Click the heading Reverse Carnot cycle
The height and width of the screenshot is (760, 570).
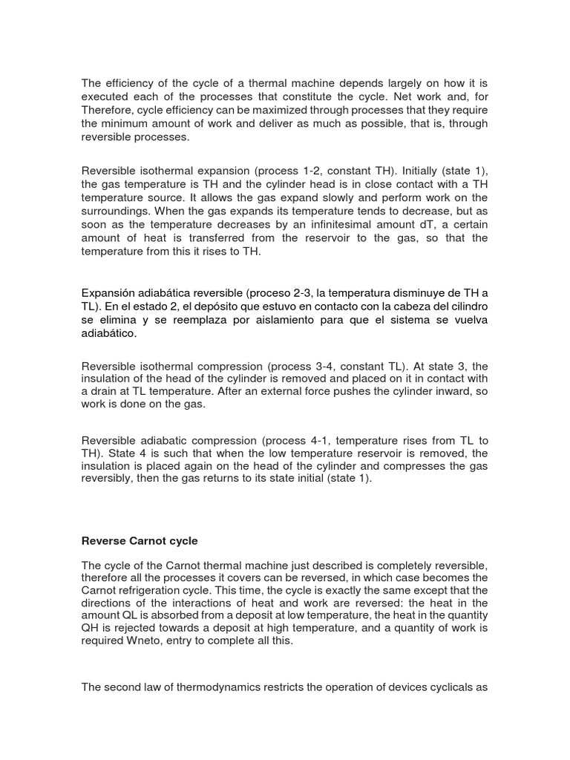pyautogui.click(x=139, y=540)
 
